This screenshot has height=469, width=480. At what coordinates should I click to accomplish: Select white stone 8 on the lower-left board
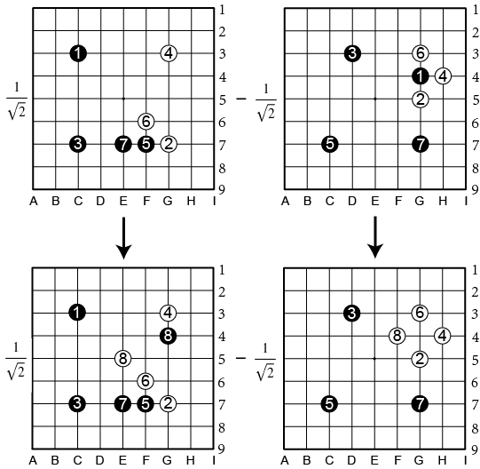point(123,358)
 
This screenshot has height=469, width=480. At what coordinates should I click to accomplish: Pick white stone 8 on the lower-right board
point(397,335)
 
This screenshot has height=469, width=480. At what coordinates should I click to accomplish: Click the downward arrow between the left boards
point(124,241)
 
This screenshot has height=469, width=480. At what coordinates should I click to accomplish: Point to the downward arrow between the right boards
point(376,241)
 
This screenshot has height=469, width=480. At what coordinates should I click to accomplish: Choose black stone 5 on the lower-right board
point(330,403)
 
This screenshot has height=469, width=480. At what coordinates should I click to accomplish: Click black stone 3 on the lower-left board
point(79,403)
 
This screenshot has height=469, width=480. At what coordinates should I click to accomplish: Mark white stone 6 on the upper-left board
point(146,121)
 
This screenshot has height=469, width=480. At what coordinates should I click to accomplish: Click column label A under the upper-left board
point(34,201)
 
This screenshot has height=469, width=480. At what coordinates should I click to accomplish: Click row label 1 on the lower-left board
point(221,269)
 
